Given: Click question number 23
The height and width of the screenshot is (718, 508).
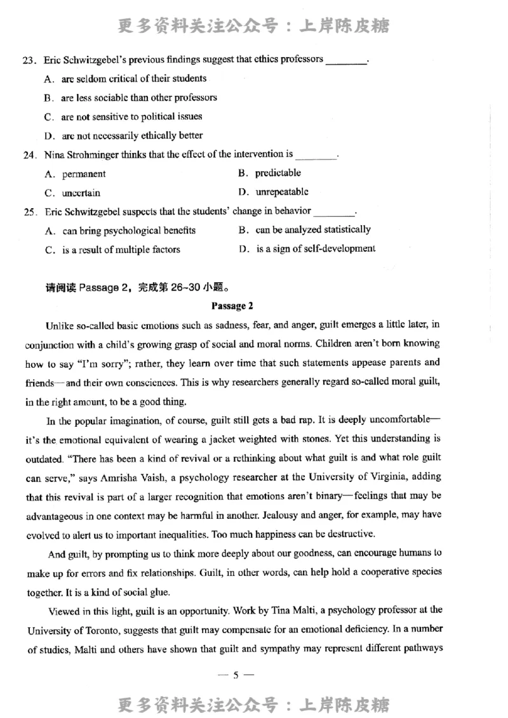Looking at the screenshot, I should coord(28,60).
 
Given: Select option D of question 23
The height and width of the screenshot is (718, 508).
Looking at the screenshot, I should coord(132,136).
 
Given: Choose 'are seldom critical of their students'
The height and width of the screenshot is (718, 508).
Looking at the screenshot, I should coord(133,79).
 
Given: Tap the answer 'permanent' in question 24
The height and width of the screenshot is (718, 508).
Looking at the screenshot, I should coord(84,174).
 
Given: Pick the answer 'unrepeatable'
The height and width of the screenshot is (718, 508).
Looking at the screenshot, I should coord(282,192).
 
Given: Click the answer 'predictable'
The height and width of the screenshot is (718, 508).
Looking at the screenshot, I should coord(278,173).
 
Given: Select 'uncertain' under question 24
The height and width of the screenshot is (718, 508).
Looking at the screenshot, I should coord(81,193).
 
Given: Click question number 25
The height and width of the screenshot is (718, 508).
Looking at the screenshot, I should coord(28,212).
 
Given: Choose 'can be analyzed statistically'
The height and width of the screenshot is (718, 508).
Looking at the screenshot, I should coord(313,230).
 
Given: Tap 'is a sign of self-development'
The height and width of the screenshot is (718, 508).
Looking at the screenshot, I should coord(316,249).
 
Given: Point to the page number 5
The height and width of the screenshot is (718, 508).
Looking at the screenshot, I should coord(235,676).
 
